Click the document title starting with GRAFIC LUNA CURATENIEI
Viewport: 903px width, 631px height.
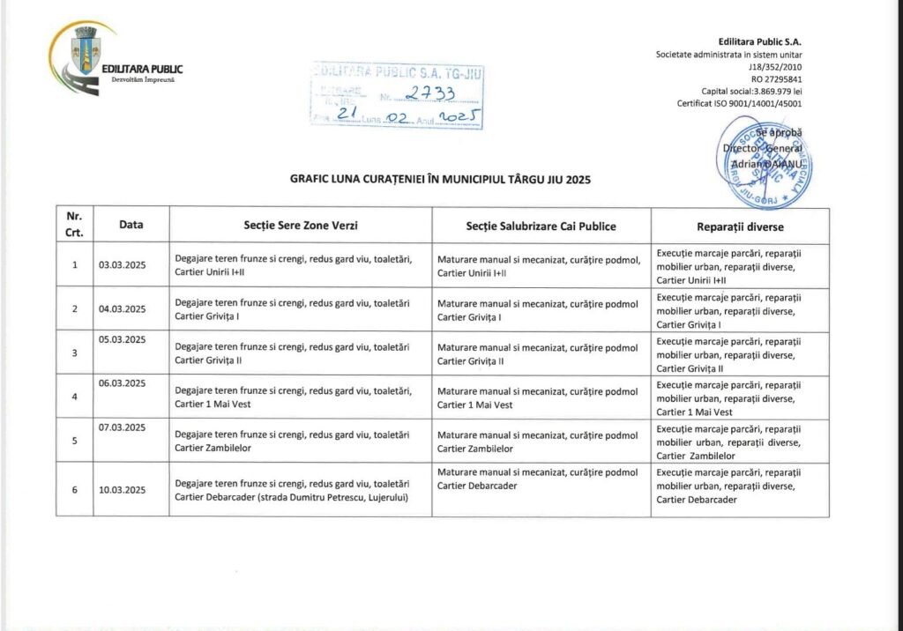pyautogui.click(x=440, y=179)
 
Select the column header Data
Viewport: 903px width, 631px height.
pyautogui.click(x=131, y=226)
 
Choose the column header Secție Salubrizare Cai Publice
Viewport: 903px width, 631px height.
pyautogui.click(x=541, y=226)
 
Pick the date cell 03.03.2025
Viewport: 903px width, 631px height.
pyautogui.click(x=123, y=265)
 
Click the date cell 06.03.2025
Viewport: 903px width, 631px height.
pyautogui.click(x=123, y=383)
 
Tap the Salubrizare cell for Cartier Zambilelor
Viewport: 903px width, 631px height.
pyautogui.click(x=537, y=442)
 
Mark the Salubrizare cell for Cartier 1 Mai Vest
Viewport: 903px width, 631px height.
pyautogui.click(x=537, y=398)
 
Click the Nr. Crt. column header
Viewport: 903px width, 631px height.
pyautogui.click(x=74, y=226)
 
